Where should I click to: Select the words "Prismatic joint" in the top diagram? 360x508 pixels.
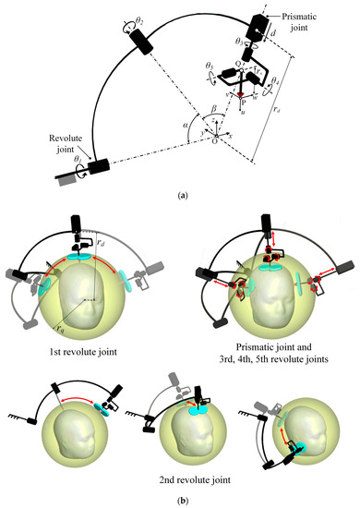click(299, 18)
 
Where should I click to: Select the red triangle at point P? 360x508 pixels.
click(242, 94)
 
